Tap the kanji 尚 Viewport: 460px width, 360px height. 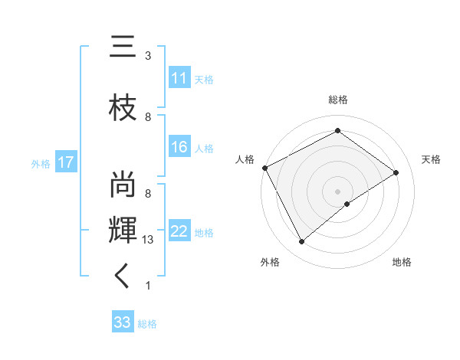click(x=123, y=184)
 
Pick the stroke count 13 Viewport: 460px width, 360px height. click(x=148, y=240)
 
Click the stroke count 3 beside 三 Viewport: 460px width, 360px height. click(x=148, y=56)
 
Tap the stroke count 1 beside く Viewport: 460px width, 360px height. click(x=148, y=286)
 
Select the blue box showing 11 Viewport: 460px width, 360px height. click(x=179, y=78)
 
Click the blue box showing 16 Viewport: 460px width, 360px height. click(x=179, y=148)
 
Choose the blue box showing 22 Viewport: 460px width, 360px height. click(x=179, y=231)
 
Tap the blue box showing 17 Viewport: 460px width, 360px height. click(x=65, y=162)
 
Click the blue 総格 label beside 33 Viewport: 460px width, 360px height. click(x=147, y=324)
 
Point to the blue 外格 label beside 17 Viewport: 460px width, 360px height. click(x=41, y=163)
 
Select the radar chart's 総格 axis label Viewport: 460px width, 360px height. click(x=337, y=100)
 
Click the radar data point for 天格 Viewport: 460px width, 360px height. click(x=396, y=172)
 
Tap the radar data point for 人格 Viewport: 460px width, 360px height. click(x=264, y=168)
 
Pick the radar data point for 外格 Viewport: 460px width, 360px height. click(x=301, y=242)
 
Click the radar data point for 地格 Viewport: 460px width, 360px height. click(x=347, y=204)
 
